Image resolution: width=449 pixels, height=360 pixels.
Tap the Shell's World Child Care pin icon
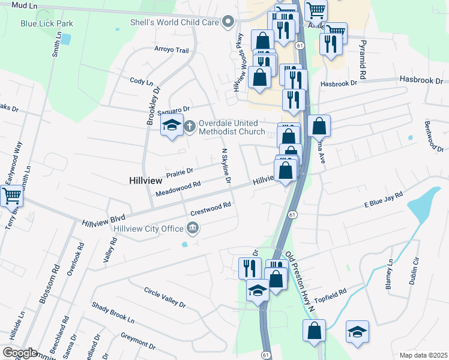228,23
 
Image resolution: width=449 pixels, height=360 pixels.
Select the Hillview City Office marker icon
193,227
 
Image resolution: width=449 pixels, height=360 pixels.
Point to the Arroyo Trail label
172,50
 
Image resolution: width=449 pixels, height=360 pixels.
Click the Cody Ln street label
142,82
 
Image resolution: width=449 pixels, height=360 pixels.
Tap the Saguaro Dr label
173,109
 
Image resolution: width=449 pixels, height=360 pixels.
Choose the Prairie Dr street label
180,172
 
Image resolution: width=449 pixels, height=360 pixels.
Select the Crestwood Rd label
210,209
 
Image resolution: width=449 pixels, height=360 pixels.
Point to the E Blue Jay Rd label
383,200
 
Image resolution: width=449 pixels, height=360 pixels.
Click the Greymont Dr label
138,342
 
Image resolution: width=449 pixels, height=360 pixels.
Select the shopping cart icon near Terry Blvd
11,195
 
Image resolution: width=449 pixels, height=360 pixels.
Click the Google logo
20,352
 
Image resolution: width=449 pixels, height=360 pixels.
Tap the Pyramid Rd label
362,61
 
